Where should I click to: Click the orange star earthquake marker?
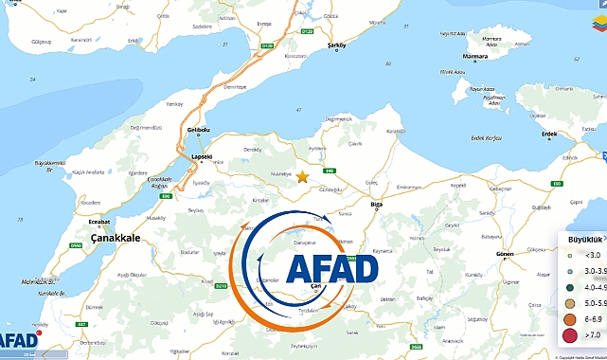(302, 177)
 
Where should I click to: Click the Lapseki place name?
(203, 156)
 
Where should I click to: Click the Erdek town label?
(549, 135)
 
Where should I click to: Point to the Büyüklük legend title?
(579, 240)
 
